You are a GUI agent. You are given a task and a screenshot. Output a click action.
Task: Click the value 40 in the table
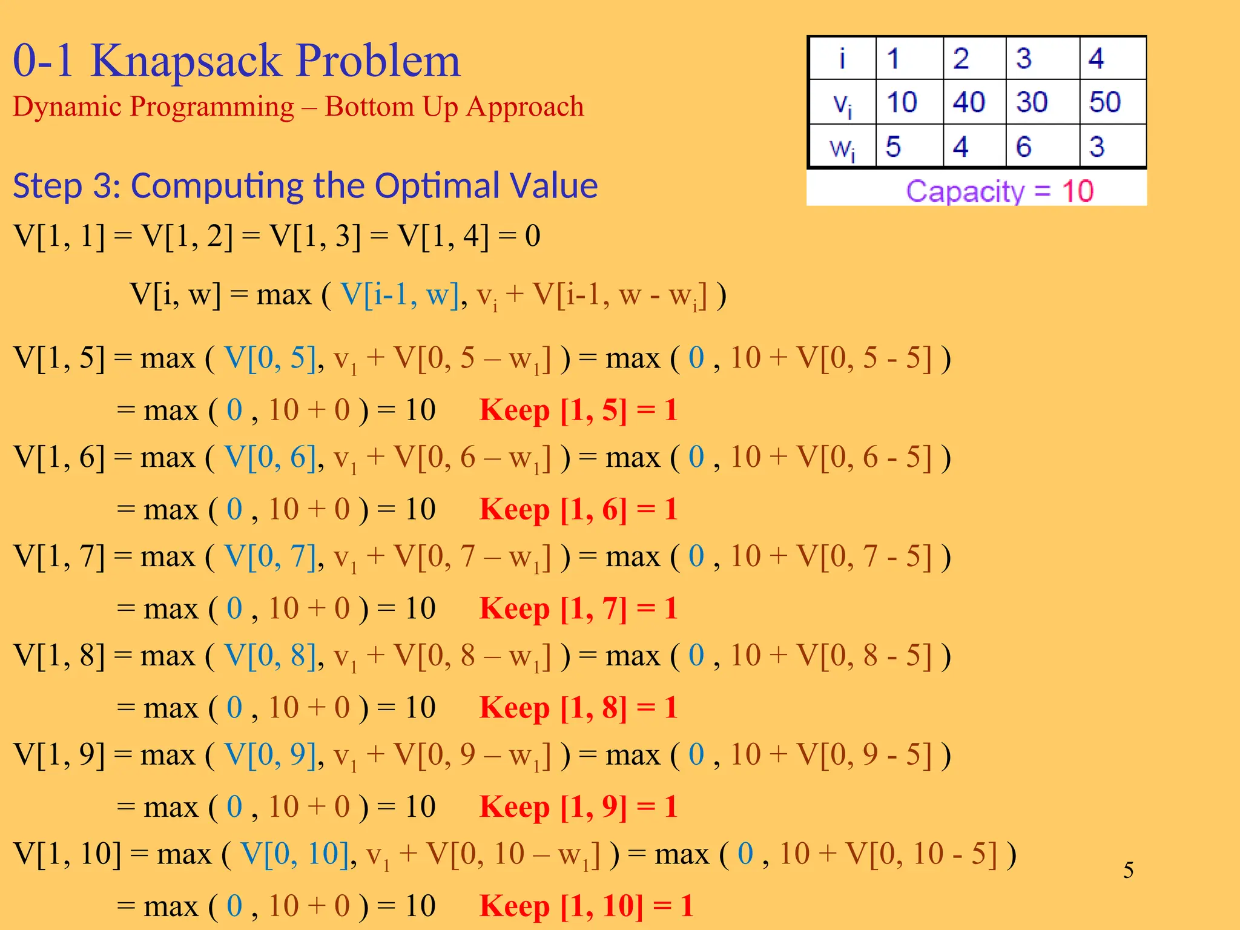point(969,102)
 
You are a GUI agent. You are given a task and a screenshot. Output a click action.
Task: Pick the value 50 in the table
point(1105,102)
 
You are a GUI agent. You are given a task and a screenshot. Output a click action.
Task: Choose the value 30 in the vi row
point(1032,102)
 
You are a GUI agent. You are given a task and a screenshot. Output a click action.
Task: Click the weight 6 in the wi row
point(1023,147)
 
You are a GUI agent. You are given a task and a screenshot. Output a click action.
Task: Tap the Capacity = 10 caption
point(1000,191)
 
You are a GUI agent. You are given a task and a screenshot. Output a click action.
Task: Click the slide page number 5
point(1129,870)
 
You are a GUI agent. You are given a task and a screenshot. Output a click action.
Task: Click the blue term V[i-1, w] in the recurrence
point(400,295)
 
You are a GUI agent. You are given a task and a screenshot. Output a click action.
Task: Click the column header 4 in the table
point(1097,59)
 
